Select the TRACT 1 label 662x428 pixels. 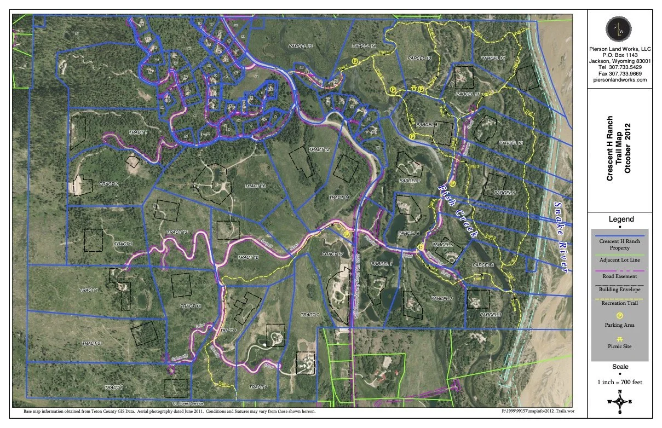(x=138, y=133)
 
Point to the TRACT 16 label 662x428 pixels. (x=255, y=186)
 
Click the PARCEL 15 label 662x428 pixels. (x=301, y=46)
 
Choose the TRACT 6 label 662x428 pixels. (x=113, y=387)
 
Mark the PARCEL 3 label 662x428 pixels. (x=490, y=315)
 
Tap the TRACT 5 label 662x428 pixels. (x=91, y=343)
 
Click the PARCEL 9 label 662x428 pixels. (x=504, y=193)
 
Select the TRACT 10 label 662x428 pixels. (x=248, y=257)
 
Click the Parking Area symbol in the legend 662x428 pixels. (x=620, y=315)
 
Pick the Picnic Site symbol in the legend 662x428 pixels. (x=620, y=339)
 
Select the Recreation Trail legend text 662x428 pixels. (x=620, y=303)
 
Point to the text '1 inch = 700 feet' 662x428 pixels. (x=620, y=380)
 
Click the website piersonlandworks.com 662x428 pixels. (x=620, y=79)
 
